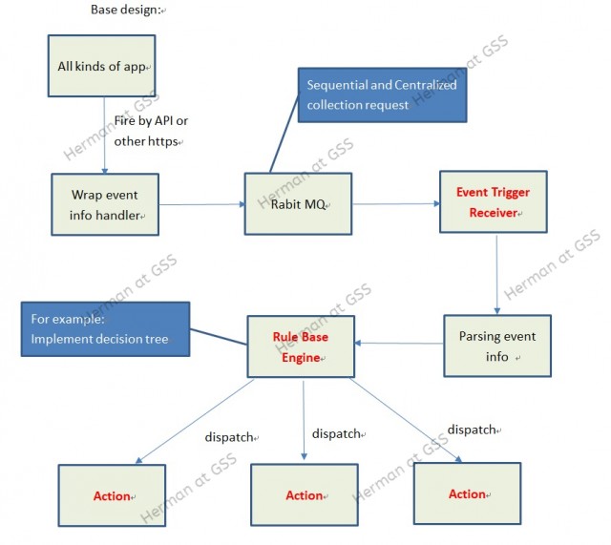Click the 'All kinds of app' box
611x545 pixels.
102,66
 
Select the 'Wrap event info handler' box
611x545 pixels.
105,204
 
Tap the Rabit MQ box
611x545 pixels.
298,203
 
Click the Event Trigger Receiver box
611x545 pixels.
494,201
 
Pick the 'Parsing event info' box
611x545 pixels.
497,346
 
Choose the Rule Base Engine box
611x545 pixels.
301,346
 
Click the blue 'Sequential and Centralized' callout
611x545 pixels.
382,95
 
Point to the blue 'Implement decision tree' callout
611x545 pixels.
106,329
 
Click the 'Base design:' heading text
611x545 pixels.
126,10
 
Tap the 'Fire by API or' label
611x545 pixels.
151,121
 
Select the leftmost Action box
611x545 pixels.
112,495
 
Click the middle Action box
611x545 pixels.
305,494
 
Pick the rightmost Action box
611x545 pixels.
467,493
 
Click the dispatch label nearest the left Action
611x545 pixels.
229,437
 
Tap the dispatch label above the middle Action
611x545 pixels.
336,433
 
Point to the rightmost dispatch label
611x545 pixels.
472,430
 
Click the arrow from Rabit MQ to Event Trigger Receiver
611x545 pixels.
396,203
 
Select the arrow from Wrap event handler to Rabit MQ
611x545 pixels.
201,204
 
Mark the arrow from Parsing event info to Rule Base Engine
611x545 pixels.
399,343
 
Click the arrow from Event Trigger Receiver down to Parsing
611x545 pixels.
496,274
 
